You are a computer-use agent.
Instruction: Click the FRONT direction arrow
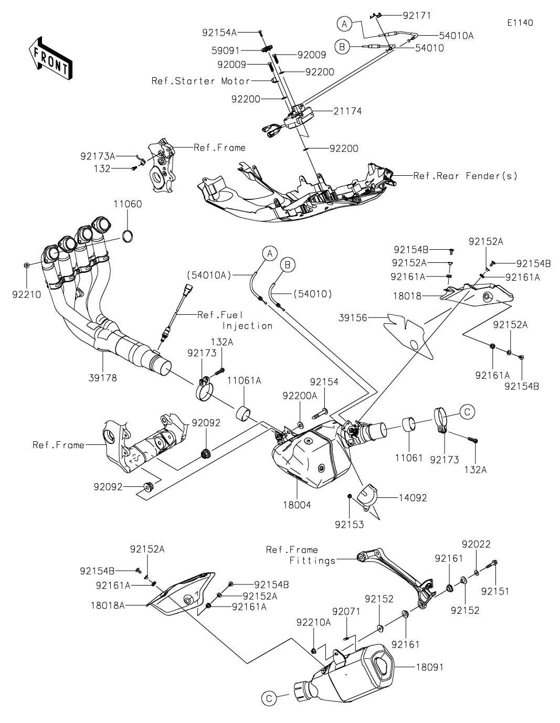click(x=50, y=58)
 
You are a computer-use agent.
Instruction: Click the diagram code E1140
click(x=520, y=23)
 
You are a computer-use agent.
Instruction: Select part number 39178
click(x=103, y=378)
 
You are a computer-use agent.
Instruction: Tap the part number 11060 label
click(x=128, y=204)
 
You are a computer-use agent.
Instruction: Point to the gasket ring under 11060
click(x=128, y=236)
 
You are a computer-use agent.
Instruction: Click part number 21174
click(x=347, y=111)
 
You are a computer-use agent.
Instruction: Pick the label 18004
click(x=297, y=505)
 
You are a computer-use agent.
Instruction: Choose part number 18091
click(x=429, y=667)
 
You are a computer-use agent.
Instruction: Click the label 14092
click(x=413, y=498)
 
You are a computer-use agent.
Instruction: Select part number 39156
click(x=353, y=318)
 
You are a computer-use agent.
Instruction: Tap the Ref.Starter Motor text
click(x=200, y=81)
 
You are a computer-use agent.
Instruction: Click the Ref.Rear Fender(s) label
click(x=465, y=176)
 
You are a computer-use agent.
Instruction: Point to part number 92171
click(x=417, y=16)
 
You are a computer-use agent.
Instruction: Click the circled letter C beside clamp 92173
click(x=467, y=412)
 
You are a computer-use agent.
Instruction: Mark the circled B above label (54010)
click(x=288, y=265)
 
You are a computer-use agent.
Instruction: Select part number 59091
click(x=226, y=51)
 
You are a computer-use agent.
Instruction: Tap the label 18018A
click(x=108, y=605)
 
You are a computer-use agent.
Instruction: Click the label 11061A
click(x=244, y=380)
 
